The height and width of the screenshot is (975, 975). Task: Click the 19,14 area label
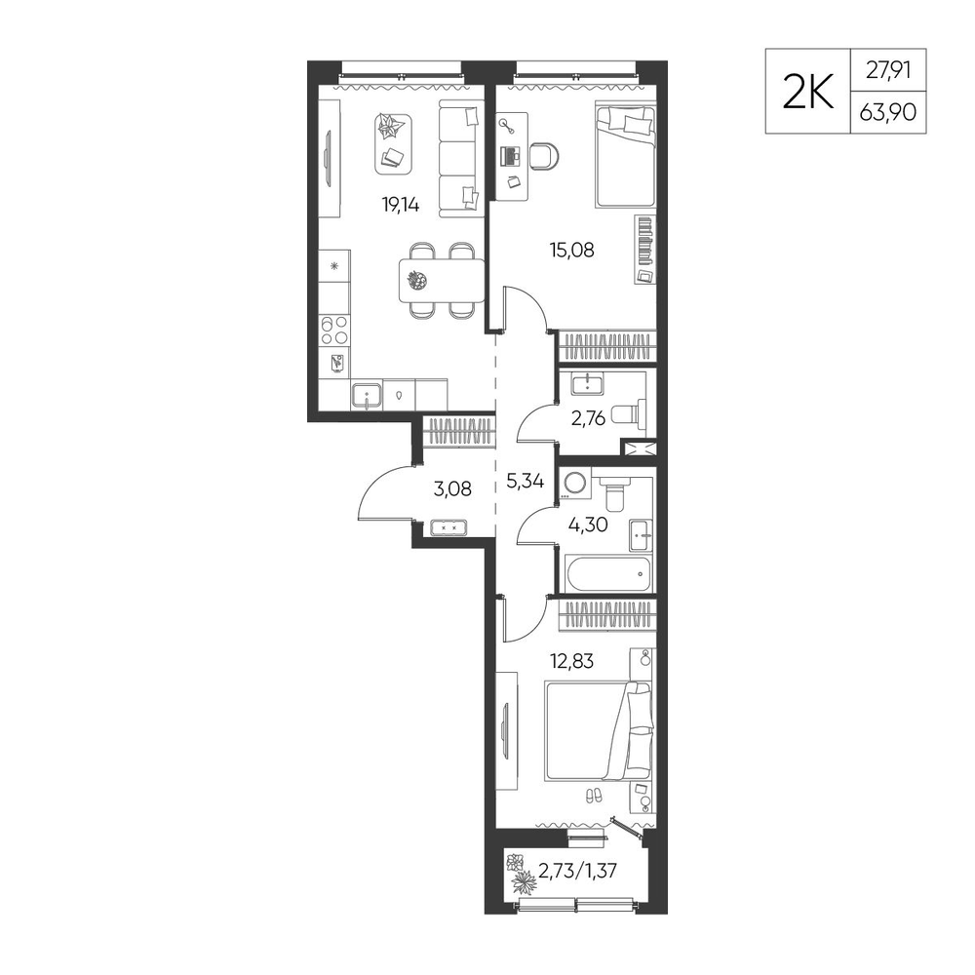[x=401, y=205]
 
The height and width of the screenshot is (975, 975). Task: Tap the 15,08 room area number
[x=572, y=250]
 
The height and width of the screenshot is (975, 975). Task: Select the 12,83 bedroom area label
[x=572, y=661]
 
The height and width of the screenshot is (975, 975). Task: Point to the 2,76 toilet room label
[x=588, y=418]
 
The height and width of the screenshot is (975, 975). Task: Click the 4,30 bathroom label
[x=588, y=526]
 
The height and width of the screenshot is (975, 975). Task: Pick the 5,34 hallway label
[x=526, y=481]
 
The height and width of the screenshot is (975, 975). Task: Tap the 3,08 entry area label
[x=452, y=488]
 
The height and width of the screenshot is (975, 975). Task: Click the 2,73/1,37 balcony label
[x=577, y=871]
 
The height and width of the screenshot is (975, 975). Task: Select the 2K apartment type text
[x=807, y=92]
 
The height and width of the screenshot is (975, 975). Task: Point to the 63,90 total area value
[x=888, y=112]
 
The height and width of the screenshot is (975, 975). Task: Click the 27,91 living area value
[x=888, y=70]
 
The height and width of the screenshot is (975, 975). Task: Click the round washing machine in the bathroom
[x=575, y=485]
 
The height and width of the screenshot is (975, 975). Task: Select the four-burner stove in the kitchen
[x=334, y=331]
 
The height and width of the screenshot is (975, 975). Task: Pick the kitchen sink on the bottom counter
[x=367, y=396]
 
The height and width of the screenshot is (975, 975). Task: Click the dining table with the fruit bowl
[x=442, y=281]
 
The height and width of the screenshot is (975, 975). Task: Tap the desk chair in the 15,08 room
[x=545, y=155]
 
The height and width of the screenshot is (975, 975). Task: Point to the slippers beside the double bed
[x=593, y=795]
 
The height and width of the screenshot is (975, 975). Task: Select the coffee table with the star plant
[x=394, y=143]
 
